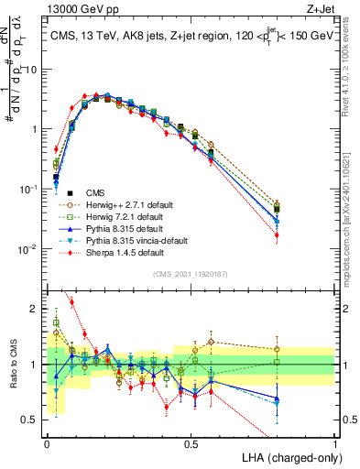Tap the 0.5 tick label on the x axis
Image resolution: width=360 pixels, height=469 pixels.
(x=191, y=443)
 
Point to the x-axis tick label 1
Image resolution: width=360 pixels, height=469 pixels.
(x=335, y=443)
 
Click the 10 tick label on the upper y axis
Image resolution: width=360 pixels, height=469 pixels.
(x=32, y=70)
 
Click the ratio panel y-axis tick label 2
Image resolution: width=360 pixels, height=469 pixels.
(x=38, y=309)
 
